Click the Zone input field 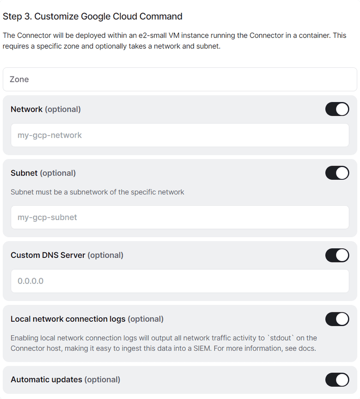[x=180, y=79]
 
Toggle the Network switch [x=337, y=109]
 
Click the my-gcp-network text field [x=180, y=135]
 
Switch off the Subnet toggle [x=337, y=173]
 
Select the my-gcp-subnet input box [x=180, y=217]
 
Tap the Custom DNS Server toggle [x=337, y=255]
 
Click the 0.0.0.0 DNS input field [x=180, y=281]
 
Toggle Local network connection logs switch [x=337, y=319]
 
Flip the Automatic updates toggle [x=337, y=380]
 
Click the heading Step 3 [x=92, y=16]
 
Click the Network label [x=27, y=109]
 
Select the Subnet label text [x=24, y=173]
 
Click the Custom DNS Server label [x=48, y=255]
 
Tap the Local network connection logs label [x=68, y=319]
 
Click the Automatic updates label [x=46, y=380]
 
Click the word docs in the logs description [x=307, y=348]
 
